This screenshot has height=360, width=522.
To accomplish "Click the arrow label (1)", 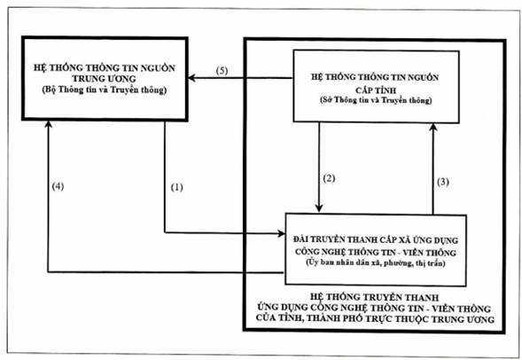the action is coord(176,187).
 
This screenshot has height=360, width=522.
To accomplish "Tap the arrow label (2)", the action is coord(329,178).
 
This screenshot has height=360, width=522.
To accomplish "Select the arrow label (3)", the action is coord(443,182).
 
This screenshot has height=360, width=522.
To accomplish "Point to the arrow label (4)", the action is coord(58,186).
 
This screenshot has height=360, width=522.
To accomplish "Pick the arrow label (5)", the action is coord(222,71).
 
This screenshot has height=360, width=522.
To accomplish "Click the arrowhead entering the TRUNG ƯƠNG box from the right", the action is coord(191,78).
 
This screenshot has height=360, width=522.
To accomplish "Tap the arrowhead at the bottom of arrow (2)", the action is coord(319,207).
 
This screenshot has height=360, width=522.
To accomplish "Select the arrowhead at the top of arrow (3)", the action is coord(433,127).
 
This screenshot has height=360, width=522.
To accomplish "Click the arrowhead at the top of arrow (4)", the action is coord(48,124).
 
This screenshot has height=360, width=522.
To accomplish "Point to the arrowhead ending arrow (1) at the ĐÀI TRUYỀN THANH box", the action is coord(282,233).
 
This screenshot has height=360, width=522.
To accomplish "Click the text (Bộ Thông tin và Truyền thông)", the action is coord(105,90).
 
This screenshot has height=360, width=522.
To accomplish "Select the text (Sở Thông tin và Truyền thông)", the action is coord(376,100).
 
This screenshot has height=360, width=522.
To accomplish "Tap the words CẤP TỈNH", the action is coord(376,90).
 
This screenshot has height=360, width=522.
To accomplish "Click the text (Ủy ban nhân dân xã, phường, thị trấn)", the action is coord(376,262).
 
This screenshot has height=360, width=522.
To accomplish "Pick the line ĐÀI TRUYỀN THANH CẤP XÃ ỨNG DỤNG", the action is coord(376,239).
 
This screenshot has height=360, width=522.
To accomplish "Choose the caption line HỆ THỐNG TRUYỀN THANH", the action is coord(374,297).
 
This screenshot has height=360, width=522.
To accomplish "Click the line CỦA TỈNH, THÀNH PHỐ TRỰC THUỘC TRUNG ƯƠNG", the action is coord(375,318).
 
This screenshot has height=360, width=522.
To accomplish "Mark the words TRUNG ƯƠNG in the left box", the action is coord(105,79).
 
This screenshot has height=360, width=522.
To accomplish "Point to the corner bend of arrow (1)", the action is coord(165,232).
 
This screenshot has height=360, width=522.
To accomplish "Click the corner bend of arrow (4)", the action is coord(48,272).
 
